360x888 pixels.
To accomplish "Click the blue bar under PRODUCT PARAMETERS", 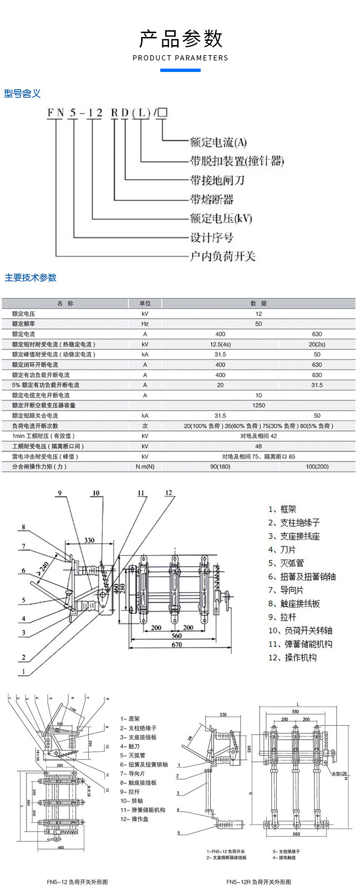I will (180, 71).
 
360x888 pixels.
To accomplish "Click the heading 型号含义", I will (22, 94).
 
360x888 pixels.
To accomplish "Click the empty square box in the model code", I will (162, 113).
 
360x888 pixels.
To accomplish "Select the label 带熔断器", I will (212, 199).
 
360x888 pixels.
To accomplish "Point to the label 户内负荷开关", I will (222, 256).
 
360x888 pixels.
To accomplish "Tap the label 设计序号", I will (212, 237).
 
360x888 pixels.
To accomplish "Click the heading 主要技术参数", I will (31, 277).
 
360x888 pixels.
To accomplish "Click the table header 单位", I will (145, 303).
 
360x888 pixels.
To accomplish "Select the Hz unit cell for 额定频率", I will (145, 324).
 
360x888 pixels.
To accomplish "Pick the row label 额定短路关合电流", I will (35, 415).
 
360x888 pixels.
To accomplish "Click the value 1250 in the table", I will (258, 405).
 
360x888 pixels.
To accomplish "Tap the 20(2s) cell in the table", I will (317, 344).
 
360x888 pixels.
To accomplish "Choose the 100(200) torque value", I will (317, 466).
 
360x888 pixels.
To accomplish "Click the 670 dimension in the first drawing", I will (177, 645).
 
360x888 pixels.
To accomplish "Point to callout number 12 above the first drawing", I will (168, 493).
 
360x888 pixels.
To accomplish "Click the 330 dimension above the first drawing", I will (89, 540).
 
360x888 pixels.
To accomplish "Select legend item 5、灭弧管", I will (286, 563).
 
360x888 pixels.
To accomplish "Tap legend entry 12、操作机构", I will (292, 657).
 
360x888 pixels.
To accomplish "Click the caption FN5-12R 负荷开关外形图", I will (259, 882).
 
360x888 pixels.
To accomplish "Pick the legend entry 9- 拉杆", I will (130, 792).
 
